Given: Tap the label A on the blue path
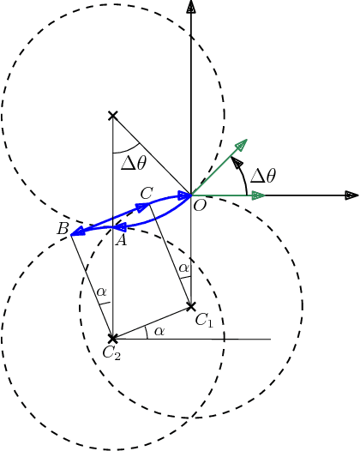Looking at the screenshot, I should (x=121, y=242).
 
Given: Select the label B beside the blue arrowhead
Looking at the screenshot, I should (x=63, y=229).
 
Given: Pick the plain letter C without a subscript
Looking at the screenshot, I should (x=146, y=194).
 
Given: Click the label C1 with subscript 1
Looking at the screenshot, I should (x=203, y=320).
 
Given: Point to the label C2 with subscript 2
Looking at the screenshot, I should (x=111, y=352).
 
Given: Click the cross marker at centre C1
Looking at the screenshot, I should (x=191, y=306).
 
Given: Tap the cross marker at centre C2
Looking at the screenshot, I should (x=112, y=339).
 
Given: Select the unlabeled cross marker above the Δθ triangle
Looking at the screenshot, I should (x=112, y=115).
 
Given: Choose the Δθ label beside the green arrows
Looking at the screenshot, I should (x=263, y=176).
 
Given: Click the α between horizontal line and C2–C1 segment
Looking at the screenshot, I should (x=159, y=330).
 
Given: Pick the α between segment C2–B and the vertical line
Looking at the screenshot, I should (x=102, y=292).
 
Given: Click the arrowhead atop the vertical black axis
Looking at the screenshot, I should (x=190, y=6).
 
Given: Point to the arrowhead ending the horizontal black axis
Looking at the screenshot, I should (x=351, y=195).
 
